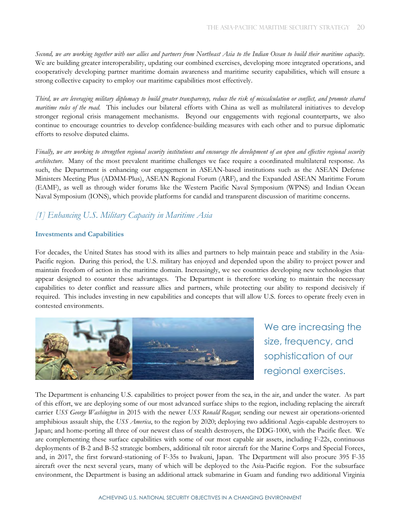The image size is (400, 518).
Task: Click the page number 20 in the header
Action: [x=360, y=27]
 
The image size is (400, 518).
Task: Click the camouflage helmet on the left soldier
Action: [x=52, y=343]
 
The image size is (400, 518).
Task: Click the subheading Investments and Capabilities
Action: [x=80, y=234]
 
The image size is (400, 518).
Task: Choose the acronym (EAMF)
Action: [x=49, y=187]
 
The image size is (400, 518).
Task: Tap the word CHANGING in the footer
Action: [x=244, y=498]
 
